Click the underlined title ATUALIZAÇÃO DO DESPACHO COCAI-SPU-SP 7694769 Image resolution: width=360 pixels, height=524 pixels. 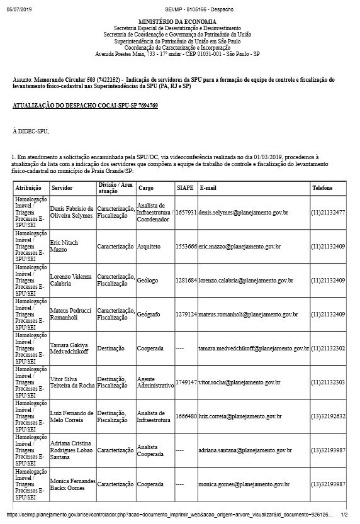85,106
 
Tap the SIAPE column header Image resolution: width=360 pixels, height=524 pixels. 184,188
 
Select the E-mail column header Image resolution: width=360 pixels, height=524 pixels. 208,188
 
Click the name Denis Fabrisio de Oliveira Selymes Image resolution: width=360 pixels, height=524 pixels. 72,213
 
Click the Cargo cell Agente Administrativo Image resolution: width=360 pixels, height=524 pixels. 155,382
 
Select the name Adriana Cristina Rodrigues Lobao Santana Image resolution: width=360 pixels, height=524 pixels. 72,450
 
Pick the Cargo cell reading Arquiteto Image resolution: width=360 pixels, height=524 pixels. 150,247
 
